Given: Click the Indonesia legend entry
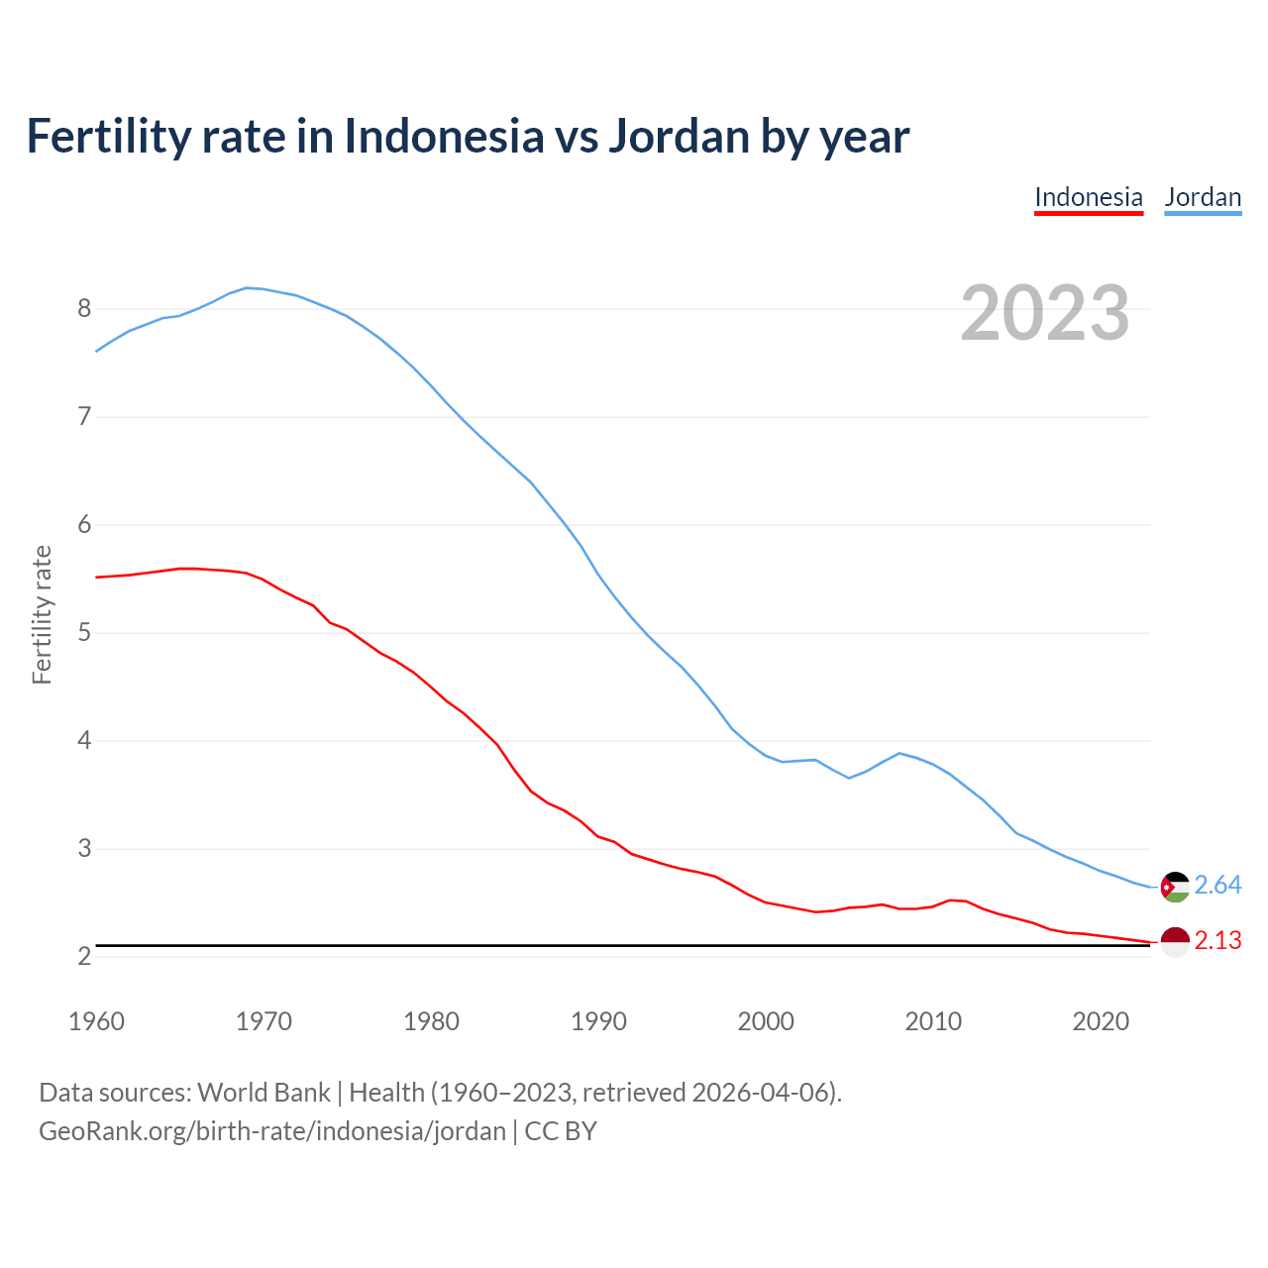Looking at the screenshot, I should tap(1088, 197).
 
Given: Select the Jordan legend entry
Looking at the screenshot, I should tap(1203, 197).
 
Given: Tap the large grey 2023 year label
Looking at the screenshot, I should tap(1044, 313).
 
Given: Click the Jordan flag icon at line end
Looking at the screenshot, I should tap(1175, 887).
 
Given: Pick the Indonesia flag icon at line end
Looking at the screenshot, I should tap(1175, 941).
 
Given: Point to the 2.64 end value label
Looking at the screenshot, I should tap(1217, 885).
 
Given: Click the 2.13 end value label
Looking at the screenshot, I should tap(1217, 940).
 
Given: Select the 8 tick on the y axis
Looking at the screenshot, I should tap(84, 309).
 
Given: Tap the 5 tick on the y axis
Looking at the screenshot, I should tap(84, 632).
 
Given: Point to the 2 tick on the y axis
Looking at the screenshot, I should tap(84, 956).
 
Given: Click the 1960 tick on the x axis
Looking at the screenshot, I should tap(96, 1021).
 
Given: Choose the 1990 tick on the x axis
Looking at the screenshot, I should tap(598, 1021).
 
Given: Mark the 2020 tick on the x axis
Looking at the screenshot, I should tap(1101, 1021).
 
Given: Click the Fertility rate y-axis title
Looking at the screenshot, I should tap(42, 614).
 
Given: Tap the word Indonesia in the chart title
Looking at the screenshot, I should tap(444, 136).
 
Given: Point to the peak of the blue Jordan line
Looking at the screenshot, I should tap(248, 287).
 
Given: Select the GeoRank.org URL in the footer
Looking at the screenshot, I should tap(272, 1131).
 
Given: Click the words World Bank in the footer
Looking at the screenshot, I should tap(264, 1093).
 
